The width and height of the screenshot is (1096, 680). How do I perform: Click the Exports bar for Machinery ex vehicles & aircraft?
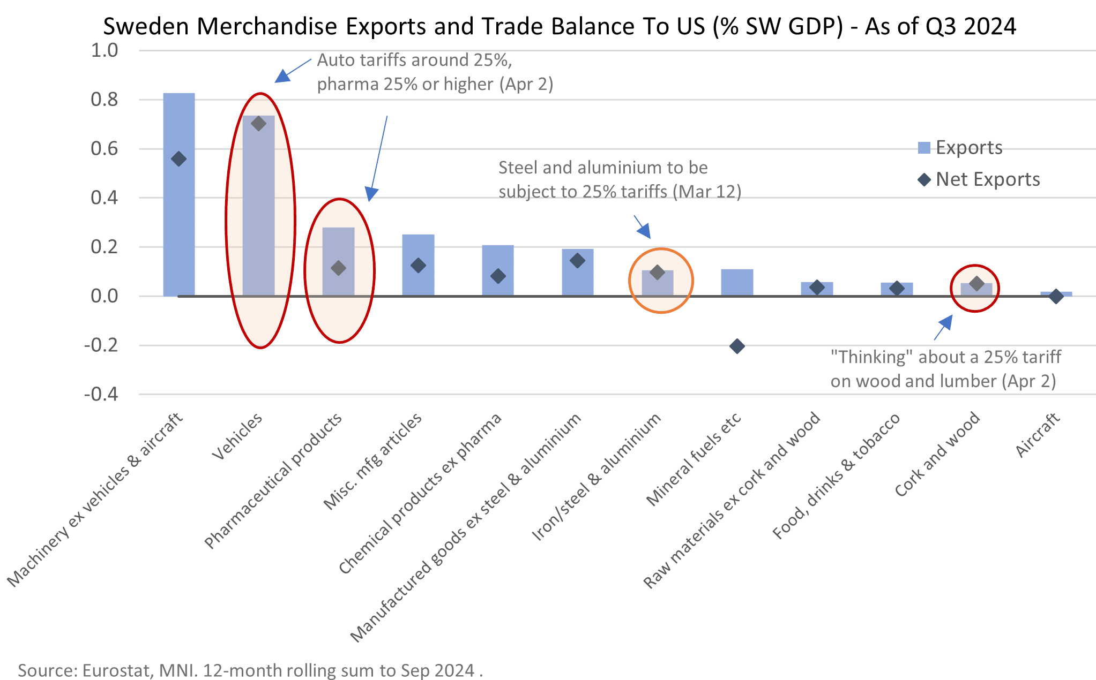pos(178,225)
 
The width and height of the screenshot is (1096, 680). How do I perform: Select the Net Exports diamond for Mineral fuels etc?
pos(737,346)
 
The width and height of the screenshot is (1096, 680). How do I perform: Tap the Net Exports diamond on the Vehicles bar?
pos(258,124)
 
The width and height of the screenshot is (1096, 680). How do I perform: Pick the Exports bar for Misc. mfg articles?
pos(418,278)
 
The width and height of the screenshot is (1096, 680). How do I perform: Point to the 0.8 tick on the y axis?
pos(105,100)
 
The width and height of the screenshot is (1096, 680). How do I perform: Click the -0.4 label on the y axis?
pos(101,395)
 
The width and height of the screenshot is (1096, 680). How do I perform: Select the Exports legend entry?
pos(959,148)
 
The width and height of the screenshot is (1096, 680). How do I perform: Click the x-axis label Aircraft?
pos(1038,435)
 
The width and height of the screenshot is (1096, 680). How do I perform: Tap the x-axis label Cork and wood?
pos(937,455)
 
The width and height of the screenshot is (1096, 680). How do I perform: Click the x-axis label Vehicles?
pos(237,437)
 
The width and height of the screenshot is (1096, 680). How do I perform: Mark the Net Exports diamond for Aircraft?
pos(1056,296)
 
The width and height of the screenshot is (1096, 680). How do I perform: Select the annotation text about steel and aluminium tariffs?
pos(619,180)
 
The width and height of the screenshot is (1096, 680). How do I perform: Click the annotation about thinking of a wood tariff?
pos(945,369)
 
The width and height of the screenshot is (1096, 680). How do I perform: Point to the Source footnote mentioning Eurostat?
pos(250,670)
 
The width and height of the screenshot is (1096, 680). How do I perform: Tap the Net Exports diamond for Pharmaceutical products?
pos(338,268)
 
